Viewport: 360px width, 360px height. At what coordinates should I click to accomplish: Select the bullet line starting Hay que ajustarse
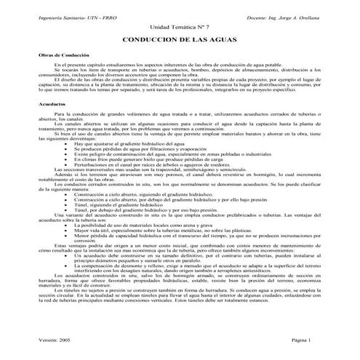[127, 145]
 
